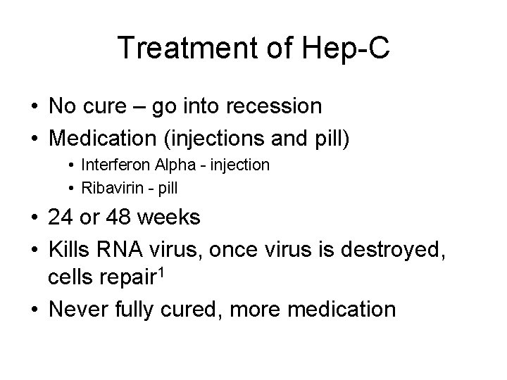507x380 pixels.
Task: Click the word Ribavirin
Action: pyautogui.click(x=111, y=189)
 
